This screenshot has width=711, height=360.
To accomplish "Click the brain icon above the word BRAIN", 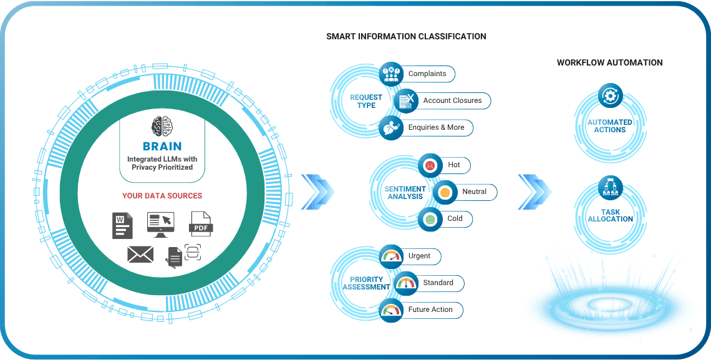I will coord(162,127).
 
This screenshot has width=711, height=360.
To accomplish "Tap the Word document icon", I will coord(122,225).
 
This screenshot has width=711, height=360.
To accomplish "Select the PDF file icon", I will coord(201,224).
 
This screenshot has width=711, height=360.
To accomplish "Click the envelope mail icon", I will coord(140,254).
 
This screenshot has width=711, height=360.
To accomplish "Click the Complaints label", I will coord(427,74).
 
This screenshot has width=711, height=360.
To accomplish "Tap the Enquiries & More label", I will coord(436,127).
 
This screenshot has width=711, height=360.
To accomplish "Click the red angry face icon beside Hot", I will coord(430,165).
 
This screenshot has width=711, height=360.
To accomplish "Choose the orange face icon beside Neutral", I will coord(445,192).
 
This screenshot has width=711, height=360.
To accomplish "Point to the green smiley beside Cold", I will coord(430,219).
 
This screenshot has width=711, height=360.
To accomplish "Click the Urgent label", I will coord(419,256).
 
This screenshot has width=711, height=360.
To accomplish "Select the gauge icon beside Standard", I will coord(406,283).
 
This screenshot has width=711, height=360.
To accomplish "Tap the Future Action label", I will coord(430,309).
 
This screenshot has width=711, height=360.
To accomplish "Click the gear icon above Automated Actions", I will coord(609,96).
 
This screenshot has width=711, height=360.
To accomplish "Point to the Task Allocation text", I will coord(610,215).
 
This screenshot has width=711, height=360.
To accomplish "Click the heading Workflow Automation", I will coord(609,62).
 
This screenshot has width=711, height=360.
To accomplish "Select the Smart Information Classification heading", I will coord(406,36).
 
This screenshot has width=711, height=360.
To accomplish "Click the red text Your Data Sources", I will coord(162,195).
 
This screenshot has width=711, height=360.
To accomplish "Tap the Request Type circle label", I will coord(366,101).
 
